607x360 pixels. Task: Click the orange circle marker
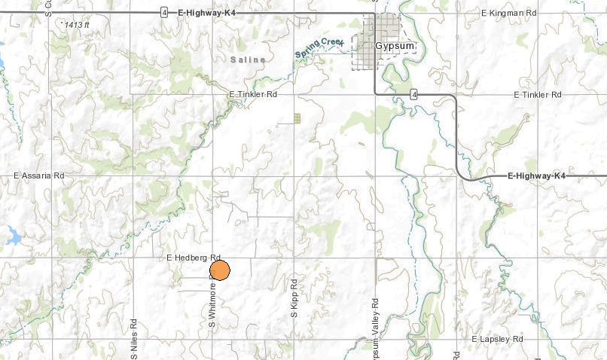pos(219,270)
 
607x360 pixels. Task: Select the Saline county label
pos(248,59)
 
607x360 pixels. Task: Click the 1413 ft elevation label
pos(76,25)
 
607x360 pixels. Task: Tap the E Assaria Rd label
pos(40,175)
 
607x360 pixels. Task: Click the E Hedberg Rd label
pos(193,258)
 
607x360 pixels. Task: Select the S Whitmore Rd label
pos(213,304)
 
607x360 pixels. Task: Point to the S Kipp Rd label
pos(294,297)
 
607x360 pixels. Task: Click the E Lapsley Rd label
pos(497,340)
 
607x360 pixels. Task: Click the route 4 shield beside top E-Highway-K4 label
pos(163,13)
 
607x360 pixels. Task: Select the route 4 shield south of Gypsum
pos(413,94)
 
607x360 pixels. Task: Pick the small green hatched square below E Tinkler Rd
pos(297,118)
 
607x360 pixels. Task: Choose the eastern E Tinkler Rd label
pos(538,95)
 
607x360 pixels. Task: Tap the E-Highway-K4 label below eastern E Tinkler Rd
pos(536,175)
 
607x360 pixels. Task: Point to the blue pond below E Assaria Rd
pos(13,236)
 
